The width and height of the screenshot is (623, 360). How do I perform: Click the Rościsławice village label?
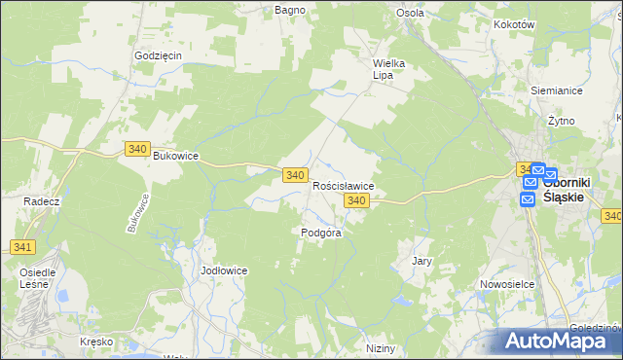[x=344, y=185]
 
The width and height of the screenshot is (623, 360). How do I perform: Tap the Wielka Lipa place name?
[x=388, y=70]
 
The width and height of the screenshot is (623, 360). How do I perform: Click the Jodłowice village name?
[x=224, y=270]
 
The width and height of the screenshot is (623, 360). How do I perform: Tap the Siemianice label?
[x=556, y=90]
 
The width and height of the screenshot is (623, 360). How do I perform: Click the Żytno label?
[x=561, y=121]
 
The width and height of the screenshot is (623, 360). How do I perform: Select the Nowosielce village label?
[x=503, y=284]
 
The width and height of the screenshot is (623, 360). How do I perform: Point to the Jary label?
[x=421, y=261]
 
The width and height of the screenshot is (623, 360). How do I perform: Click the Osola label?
[x=409, y=13]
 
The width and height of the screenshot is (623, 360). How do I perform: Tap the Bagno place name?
[x=290, y=10]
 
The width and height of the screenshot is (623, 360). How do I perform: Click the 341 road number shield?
[x=23, y=248]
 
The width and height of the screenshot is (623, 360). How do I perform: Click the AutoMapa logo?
[x=558, y=341]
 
